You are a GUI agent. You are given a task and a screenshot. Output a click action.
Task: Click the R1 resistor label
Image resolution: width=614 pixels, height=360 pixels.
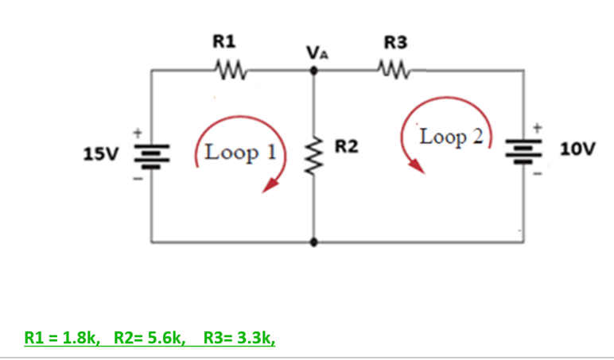coord(223,41)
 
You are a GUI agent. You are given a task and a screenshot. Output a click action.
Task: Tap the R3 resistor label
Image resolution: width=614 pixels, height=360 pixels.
coord(394,41)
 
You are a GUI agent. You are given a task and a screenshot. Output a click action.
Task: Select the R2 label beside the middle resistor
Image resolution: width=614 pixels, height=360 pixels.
coord(346,146)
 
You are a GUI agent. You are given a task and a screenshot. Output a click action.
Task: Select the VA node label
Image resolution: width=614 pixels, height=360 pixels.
coord(317,53)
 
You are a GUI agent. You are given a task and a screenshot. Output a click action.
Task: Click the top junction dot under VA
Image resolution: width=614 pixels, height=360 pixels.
coord(314,71)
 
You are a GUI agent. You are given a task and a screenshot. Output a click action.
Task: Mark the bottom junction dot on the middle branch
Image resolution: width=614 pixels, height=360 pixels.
coord(314,240)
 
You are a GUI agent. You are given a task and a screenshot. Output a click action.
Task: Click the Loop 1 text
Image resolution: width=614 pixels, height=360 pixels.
coord(238,151)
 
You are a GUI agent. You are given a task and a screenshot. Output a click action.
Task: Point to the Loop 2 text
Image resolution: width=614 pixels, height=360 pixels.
coord(451,136)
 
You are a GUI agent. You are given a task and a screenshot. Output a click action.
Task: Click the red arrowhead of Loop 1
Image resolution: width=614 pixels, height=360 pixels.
coord(271,184)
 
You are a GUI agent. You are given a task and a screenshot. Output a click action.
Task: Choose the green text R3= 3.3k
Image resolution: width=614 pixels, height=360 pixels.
coord(239,338)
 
